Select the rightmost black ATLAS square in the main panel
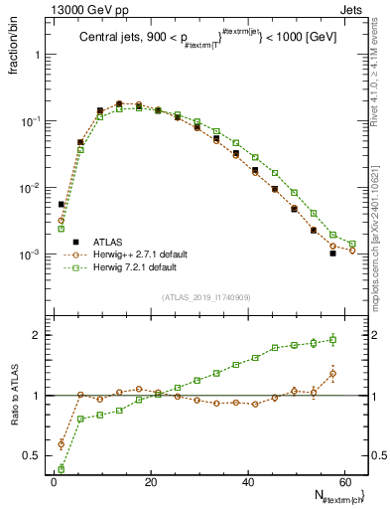click(x=333, y=254)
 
